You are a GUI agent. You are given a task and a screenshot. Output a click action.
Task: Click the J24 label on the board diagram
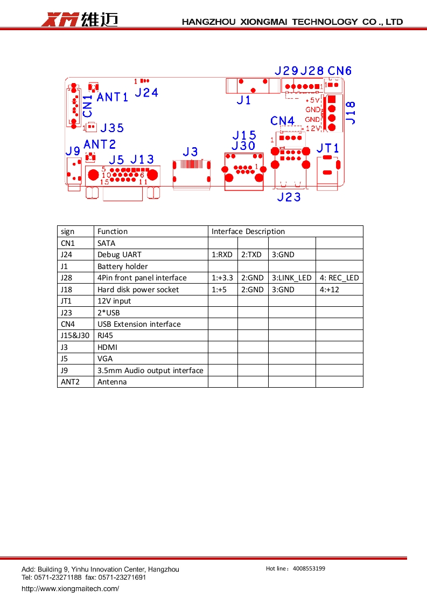click(x=146, y=93)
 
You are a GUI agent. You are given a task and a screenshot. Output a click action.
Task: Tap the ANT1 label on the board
click(x=113, y=97)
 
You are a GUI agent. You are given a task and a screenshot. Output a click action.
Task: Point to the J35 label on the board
click(x=112, y=128)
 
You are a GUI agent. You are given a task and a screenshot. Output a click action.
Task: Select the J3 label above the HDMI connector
click(x=190, y=152)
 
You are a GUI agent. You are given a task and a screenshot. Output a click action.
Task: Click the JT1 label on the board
click(x=328, y=148)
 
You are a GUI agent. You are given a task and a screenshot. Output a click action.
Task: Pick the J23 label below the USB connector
click(x=289, y=197)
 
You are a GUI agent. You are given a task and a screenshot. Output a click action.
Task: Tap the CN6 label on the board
click(x=340, y=71)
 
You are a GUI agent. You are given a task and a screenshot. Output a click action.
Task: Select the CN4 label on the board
click(x=283, y=121)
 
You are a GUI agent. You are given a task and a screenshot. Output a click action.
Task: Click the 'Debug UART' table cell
click(x=116, y=255)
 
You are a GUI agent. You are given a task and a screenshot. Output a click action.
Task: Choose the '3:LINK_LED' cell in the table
click(x=291, y=278)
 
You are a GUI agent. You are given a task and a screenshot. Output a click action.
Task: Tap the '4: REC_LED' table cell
click(x=339, y=278)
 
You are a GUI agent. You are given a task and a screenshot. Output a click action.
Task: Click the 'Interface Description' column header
click(x=248, y=231)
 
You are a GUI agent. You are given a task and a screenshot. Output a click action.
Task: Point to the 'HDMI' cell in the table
click(x=107, y=347)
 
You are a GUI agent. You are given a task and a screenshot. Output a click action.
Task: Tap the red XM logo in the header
click(x=60, y=20)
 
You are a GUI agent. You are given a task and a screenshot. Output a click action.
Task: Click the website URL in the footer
click(x=70, y=588)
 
